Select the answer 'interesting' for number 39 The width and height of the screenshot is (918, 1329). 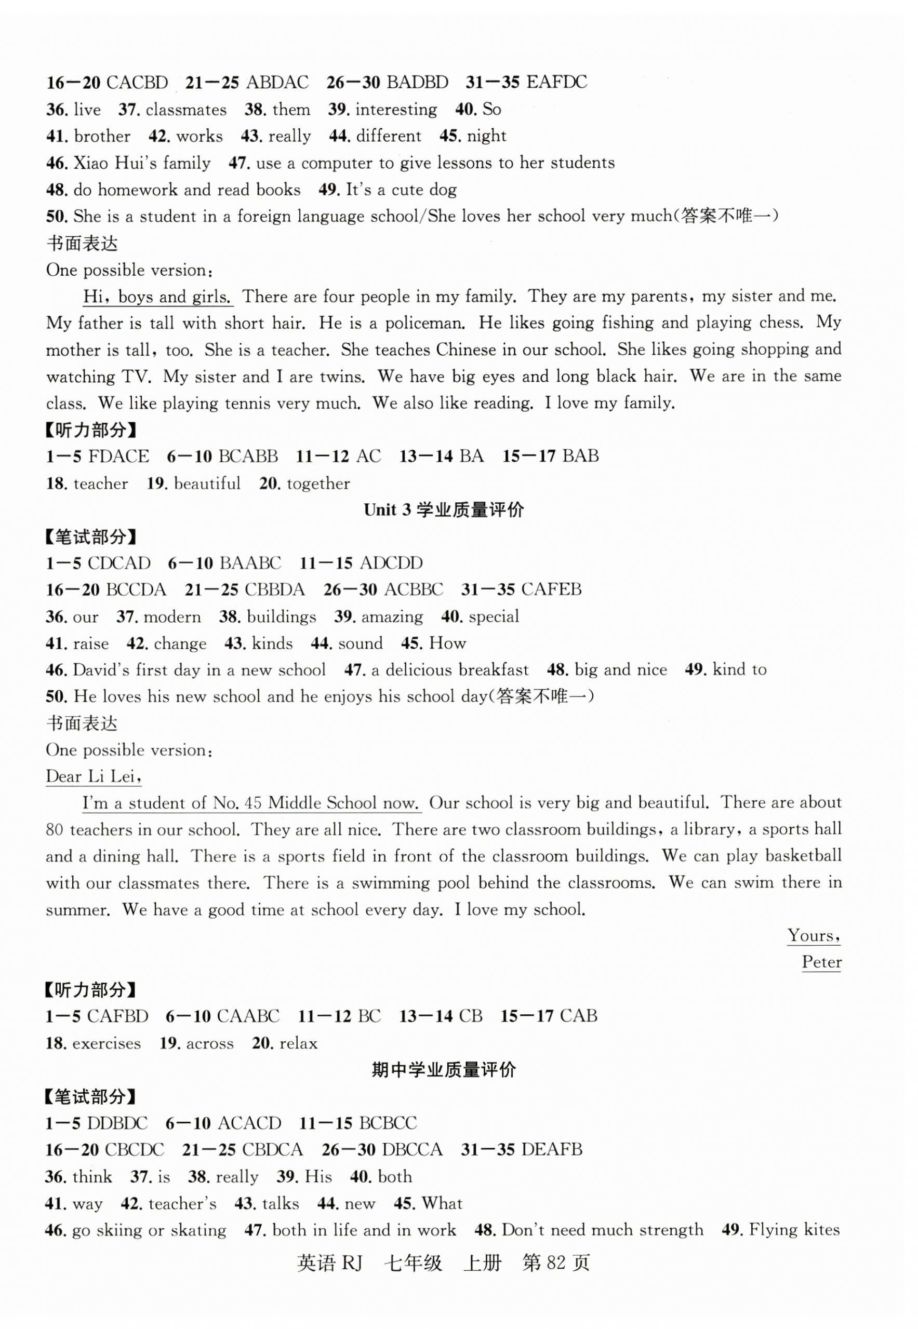[396, 109]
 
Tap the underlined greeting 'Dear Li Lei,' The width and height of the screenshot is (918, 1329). [94, 776]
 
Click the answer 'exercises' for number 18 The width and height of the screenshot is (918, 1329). [107, 1043]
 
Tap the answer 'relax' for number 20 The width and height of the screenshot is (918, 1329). [299, 1043]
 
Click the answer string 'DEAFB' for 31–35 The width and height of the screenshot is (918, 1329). [551, 1149]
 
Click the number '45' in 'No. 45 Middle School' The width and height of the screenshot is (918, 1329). [253, 803]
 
